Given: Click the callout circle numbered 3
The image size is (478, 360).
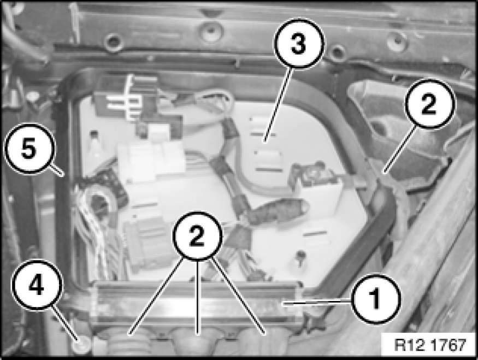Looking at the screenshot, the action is (x=298, y=43).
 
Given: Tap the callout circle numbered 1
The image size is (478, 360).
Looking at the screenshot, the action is (x=375, y=299).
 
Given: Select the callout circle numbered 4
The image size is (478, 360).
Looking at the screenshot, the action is (x=37, y=285).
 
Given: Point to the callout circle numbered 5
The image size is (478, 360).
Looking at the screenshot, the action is (x=29, y=149).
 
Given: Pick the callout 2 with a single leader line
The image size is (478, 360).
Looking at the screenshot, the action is (x=430, y=104).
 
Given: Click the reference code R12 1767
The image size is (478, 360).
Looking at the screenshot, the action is (x=430, y=345).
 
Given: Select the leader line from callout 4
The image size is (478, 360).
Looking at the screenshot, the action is (x=66, y=322).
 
